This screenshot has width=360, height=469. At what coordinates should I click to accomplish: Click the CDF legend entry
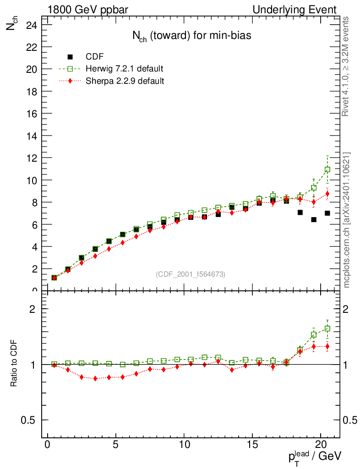click(95, 57)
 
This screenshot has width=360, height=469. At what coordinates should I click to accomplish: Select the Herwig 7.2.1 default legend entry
click(124, 69)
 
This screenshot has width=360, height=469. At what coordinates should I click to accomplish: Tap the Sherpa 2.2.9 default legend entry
click(125, 81)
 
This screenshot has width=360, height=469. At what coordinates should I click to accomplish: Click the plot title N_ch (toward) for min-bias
click(189, 36)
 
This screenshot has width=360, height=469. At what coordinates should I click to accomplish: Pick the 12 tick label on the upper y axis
click(31, 158)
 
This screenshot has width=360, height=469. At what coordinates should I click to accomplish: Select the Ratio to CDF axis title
click(14, 364)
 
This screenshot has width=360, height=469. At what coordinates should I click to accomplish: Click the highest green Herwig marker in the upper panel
click(327, 169)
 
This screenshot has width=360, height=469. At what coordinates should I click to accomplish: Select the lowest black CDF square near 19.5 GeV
click(314, 219)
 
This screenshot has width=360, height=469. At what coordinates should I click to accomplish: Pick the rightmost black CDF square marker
click(327, 213)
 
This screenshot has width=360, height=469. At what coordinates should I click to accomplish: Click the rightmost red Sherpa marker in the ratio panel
click(327, 346)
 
